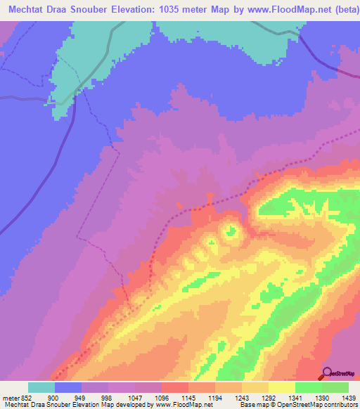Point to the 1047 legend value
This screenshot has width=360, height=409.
(x=136, y=398)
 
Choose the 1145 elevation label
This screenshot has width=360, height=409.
(x=189, y=398)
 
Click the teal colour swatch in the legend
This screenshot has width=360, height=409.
(x=41, y=387)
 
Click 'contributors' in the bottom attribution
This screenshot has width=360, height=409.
(x=340, y=405)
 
